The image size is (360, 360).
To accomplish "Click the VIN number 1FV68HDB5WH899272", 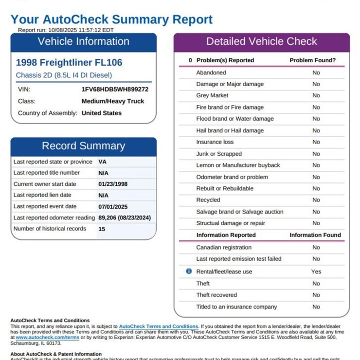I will click(x=115, y=90).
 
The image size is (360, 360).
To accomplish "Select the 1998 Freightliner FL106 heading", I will click(x=69, y=63).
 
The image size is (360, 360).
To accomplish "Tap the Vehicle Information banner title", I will click(x=84, y=42).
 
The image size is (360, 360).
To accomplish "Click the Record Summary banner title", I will click(x=83, y=146).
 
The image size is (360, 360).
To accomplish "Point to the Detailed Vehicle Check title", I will click(x=261, y=42).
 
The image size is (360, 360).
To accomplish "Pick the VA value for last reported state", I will click(x=102, y=162).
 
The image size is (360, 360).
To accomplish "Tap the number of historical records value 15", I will click(x=102, y=229).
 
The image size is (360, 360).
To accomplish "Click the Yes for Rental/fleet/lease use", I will click(x=316, y=271).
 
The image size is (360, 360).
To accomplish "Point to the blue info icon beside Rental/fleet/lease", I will click(x=189, y=271).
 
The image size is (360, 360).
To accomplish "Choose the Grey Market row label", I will click(x=212, y=96).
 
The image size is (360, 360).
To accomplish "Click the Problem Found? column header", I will click(x=312, y=60).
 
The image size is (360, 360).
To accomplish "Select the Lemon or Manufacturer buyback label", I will click(x=238, y=165).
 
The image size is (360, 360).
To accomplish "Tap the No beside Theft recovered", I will click(x=316, y=295).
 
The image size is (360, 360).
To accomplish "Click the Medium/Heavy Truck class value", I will click(x=113, y=101).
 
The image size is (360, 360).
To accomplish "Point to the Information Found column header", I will click(x=315, y=235).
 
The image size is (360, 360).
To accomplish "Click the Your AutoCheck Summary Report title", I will click(x=111, y=20).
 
